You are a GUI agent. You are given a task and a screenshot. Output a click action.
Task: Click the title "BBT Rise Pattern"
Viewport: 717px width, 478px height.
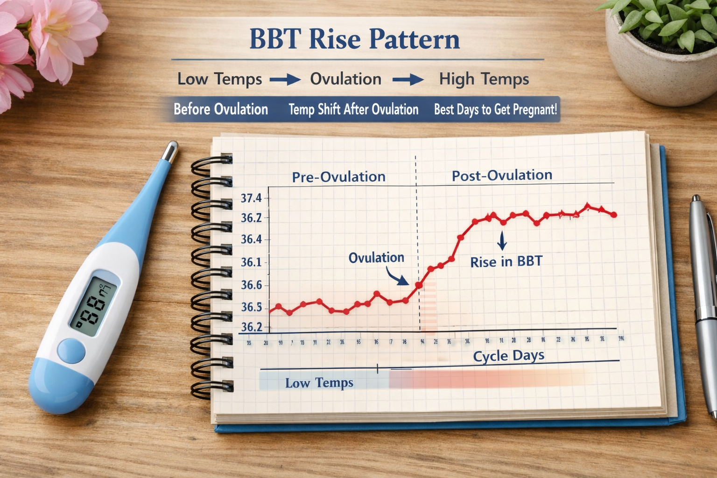coord(355,39)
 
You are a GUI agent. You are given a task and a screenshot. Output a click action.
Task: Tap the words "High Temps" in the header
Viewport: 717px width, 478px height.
coord(484,79)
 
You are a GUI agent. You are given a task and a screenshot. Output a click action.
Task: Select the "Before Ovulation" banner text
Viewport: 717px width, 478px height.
coord(221,109)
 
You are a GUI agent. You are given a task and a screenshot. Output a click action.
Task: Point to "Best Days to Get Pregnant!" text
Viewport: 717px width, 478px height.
coord(495,110)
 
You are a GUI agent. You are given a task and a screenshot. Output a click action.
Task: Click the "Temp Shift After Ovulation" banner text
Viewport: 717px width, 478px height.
coord(353,110)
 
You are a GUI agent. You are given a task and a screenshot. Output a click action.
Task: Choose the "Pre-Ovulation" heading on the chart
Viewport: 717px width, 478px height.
coord(339,177)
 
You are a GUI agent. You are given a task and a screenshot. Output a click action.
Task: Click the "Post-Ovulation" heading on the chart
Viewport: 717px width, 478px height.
coord(502,176)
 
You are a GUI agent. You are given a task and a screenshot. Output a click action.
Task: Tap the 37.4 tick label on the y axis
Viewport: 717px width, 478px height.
coord(251,198)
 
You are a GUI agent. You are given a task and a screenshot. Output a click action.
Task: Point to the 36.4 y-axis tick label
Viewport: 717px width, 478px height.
coord(251,239)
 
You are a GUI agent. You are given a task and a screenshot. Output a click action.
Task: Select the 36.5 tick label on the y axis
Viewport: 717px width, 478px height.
coord(251,307)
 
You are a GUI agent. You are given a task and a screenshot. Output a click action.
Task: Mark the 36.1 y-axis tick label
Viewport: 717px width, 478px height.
coord(251,262)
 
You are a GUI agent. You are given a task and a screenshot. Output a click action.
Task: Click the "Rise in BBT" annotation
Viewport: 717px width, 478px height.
coord(506,262)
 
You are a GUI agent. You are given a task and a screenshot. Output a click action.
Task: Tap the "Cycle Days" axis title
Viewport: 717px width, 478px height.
coord(508,356)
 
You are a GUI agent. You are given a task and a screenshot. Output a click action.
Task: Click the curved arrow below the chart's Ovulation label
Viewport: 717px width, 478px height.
coord(398,278)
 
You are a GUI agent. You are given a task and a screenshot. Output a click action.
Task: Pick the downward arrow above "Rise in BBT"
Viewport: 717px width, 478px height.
coord(502,240)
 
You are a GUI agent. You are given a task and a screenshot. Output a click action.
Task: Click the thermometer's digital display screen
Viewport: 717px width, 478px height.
coord(94,306)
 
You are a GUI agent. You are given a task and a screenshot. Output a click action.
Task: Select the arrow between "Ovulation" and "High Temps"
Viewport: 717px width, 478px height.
coord(408,80)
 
